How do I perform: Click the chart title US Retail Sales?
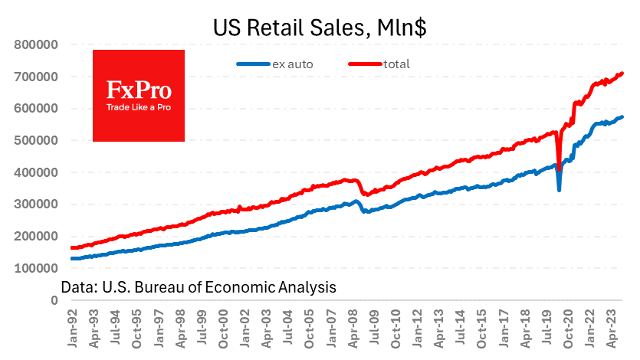pyautogui.click(x=320, y=29)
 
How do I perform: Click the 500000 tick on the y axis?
pyautogui.click(x=37, y=140)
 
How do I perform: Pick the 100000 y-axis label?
pyautogui.click(x=37, y=268)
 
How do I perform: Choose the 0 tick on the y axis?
pyautogui.click(x=54, y=300)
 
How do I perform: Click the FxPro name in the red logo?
pyautogui.click(x=138, y=90)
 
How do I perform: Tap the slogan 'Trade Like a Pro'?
pyautogui.click(x=138, y=107)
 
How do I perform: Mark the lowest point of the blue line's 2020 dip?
pyautogui.click(x=560, y=190)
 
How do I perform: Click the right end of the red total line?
pyautogui.click(x=622, y=74)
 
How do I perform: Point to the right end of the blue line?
pyautogui.click(x=622, y=117)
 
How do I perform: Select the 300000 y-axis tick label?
pyautogui.click(x=37, y=205)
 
